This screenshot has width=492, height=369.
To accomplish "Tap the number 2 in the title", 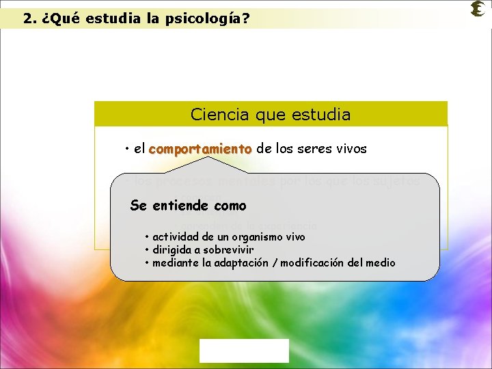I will tap(27, 19).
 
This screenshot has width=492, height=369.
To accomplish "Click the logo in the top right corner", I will tap(478, 9).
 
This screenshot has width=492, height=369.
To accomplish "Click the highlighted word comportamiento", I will tap(200, 148).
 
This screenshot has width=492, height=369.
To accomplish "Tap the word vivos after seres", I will tap(349, 148).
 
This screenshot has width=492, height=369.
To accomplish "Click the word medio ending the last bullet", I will tap(381, 263).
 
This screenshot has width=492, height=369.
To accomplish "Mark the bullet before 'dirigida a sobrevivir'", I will tap(147, 250).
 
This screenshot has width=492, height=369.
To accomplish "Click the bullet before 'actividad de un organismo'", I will tap(147, 237).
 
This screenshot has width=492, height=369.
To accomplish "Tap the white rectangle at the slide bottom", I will tap(244, 351).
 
